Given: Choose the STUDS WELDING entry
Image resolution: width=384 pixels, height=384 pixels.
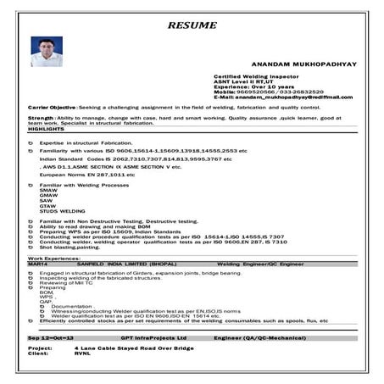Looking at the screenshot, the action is pyautogui.click(x=62, y=210).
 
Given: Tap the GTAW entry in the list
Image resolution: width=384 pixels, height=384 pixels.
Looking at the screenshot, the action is pyautogui.click(x=48, y=204).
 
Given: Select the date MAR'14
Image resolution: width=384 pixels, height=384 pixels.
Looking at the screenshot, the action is pyautogui.click(x=38, y=263).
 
